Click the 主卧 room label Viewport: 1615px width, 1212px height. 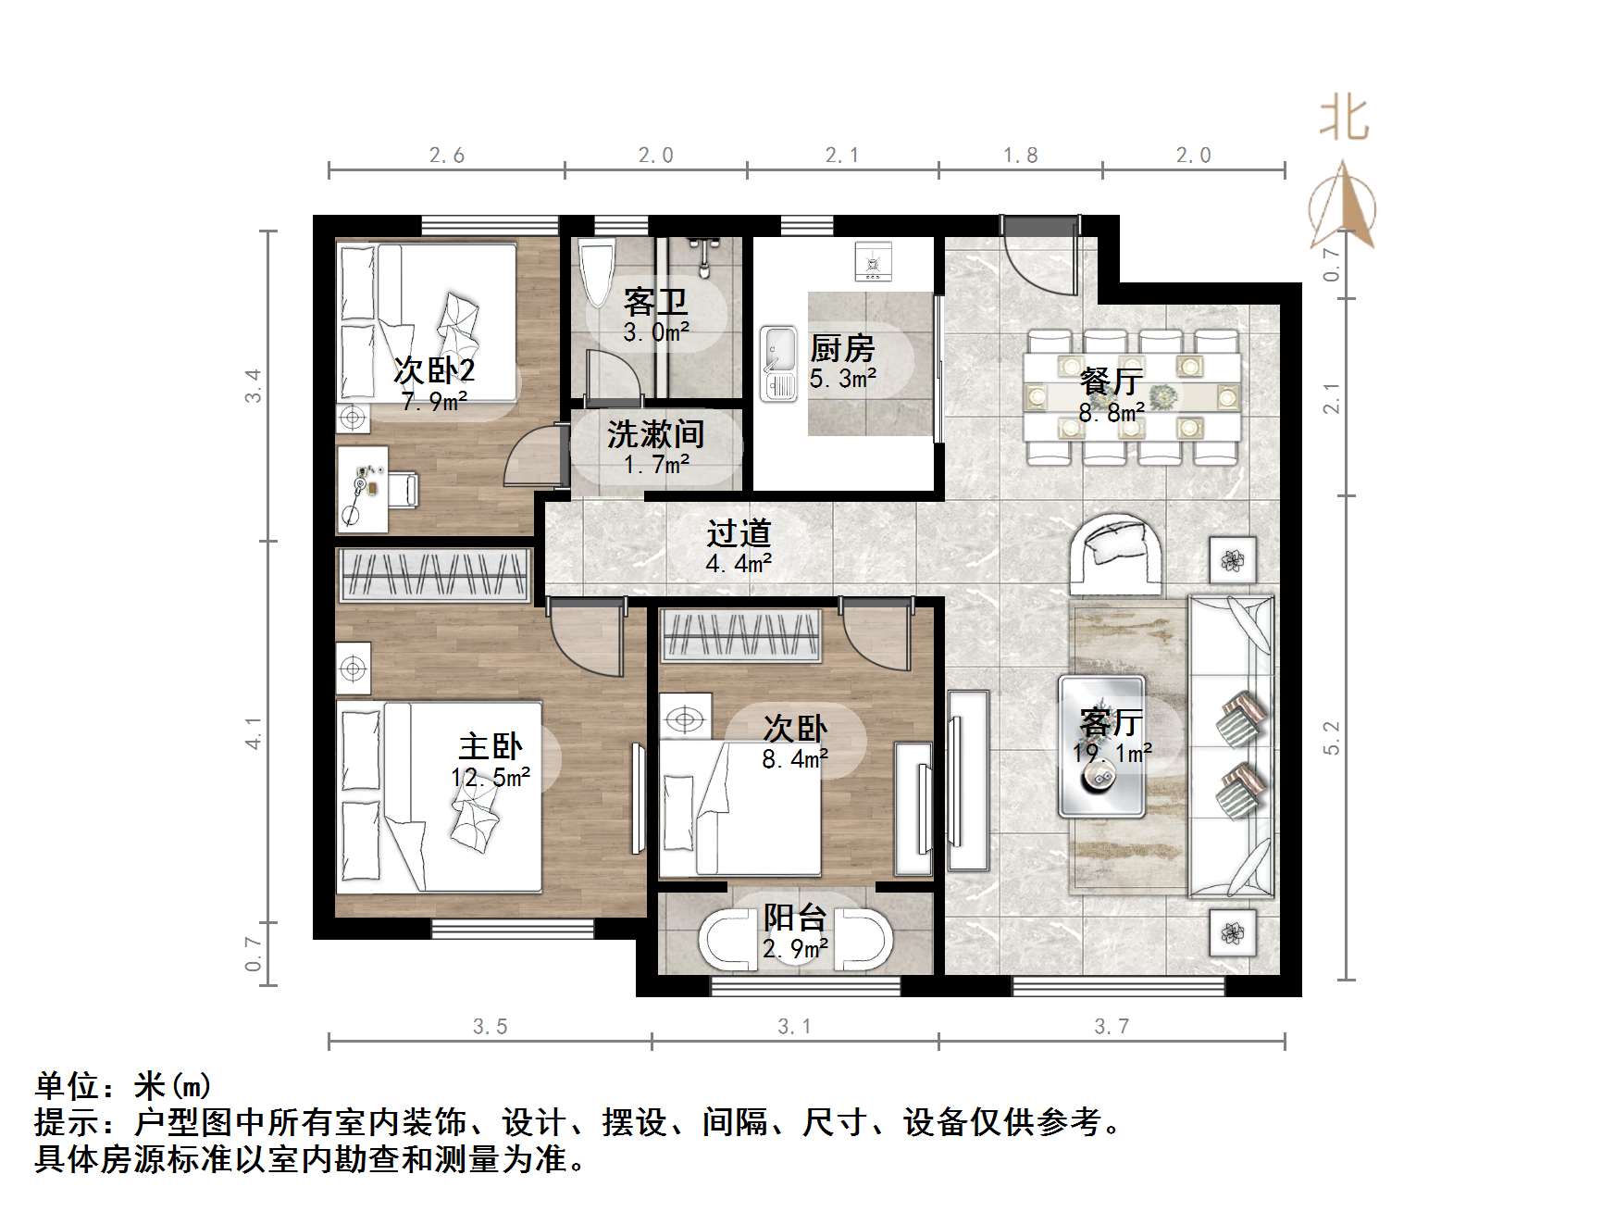491,745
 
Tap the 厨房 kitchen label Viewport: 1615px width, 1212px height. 841,349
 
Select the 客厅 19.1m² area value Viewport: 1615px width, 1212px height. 1112,753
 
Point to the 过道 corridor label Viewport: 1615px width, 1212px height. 739,533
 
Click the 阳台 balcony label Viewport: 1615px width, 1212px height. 795,918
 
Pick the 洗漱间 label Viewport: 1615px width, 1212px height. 655,433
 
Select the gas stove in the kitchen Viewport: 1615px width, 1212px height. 873,261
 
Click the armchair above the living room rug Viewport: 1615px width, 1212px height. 1116,554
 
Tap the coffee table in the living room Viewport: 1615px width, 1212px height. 1101,746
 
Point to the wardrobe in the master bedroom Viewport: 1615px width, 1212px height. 434,575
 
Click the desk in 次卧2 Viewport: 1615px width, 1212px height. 362,490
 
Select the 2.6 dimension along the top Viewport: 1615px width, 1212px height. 446,156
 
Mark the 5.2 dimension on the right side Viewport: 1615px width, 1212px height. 1332,738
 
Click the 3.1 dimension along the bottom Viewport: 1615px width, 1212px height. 794,1026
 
